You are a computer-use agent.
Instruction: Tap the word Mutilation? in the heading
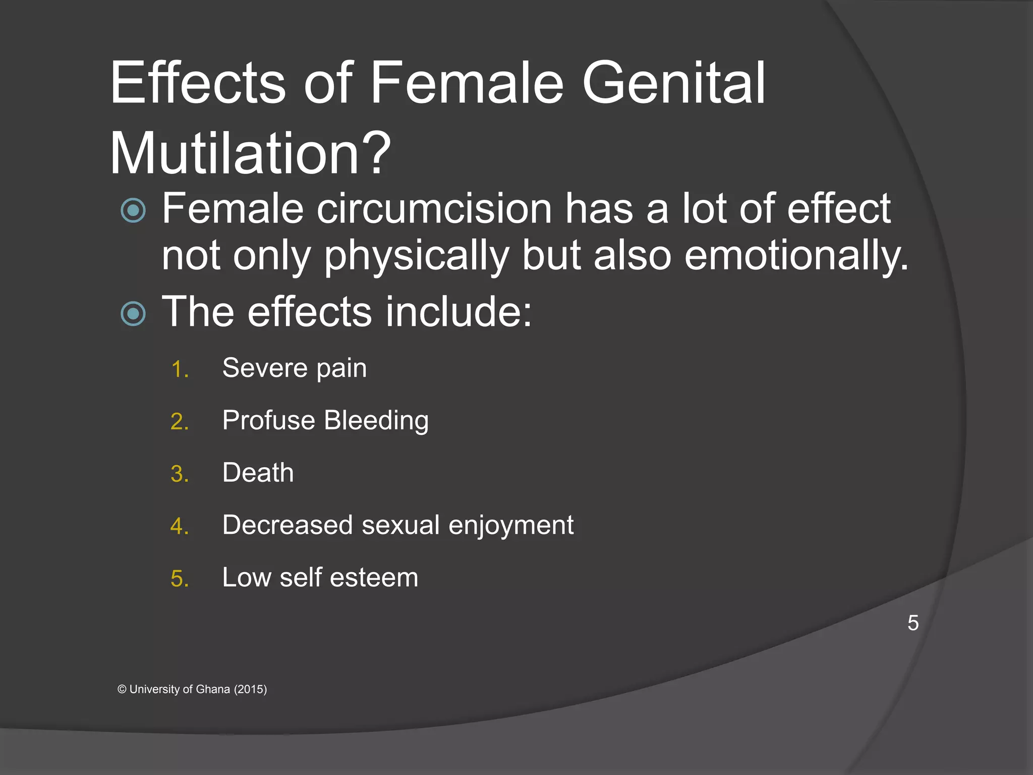(250, 153)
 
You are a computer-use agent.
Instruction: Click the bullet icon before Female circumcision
(134, 210)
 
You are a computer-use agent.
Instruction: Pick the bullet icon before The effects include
(134, 314)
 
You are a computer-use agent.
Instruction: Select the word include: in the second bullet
(458, 312)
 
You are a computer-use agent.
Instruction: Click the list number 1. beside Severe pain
(180, 369)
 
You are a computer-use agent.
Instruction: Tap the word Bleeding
(376, 421)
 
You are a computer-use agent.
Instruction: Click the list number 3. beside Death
(180, 474)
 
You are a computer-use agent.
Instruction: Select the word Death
(258, 473)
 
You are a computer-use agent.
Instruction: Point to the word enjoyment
(510, 526)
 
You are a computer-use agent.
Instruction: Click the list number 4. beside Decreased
(180, 527)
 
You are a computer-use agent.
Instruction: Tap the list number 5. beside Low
(180, 579)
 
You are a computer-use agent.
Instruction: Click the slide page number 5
(913, 623)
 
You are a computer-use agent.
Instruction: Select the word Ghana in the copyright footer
(212, 689)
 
